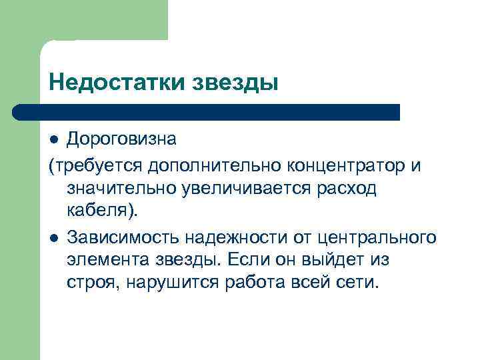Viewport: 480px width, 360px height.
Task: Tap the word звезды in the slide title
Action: [x=236, y=83]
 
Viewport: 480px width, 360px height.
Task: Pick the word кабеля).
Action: [x=101, y=212]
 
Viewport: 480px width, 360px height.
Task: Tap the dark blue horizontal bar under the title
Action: [x=207, y=112]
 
